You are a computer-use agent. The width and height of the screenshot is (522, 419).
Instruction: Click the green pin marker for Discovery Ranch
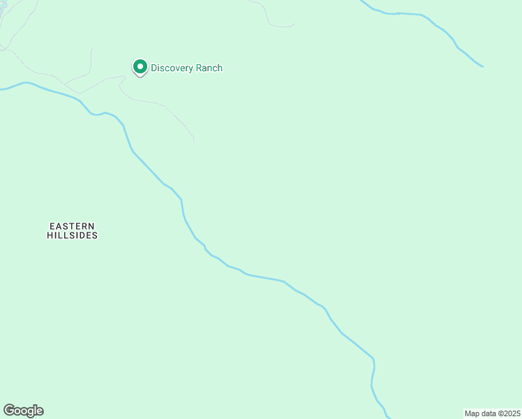(x=140, y=68)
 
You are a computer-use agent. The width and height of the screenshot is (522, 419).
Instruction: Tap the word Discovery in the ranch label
(x=174, y=68)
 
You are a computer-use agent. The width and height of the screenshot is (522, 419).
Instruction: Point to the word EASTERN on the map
(x=72, y=226)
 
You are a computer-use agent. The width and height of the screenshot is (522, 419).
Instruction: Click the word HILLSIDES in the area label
(x=72, y=236)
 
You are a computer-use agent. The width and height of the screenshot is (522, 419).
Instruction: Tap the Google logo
(x=23, y=411)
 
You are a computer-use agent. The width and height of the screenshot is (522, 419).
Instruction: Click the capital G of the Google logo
(x=8, y=410)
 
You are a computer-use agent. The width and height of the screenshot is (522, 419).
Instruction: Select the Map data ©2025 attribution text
(x=491, y=413)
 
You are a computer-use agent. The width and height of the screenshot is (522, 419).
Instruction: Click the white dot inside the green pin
(x=140, y=67)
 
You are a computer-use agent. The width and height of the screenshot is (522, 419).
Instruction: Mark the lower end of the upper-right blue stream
(x=483, y=67)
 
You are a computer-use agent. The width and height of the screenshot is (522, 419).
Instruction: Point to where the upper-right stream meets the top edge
(x=361, y=1)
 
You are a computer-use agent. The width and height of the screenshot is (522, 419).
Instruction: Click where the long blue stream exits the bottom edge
(x=389, y=417)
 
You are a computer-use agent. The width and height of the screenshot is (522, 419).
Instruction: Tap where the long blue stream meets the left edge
(x=1, y=89)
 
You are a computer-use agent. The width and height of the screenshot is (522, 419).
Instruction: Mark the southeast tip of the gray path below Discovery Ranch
(x=193, y=142)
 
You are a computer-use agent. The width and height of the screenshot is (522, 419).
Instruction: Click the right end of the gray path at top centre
(x=294, y=24)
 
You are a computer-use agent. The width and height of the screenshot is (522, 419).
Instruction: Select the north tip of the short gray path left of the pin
(x=91, y=48)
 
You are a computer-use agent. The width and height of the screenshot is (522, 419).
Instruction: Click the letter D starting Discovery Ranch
(x=155, y=68)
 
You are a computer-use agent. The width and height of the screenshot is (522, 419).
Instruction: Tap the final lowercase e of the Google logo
(x=39, y=411)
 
